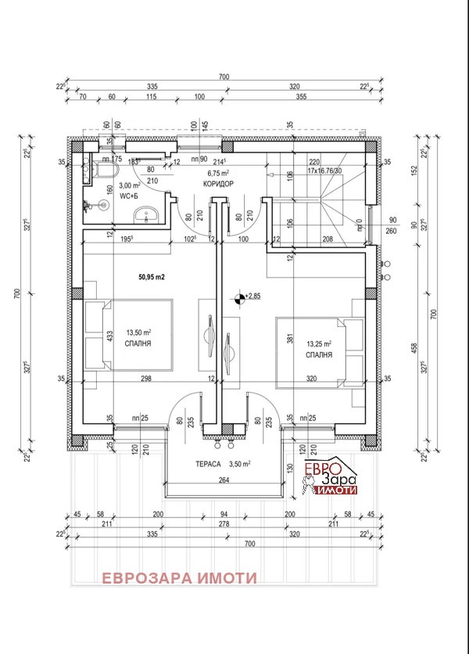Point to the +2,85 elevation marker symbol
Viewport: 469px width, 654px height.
coord(238,296)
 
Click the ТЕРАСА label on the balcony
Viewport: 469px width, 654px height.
coord(209,464)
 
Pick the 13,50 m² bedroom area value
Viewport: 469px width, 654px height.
coord(138,332)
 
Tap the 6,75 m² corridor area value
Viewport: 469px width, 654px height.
coord(217,174)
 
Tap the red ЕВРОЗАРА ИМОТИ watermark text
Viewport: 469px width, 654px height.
coord(178,577)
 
